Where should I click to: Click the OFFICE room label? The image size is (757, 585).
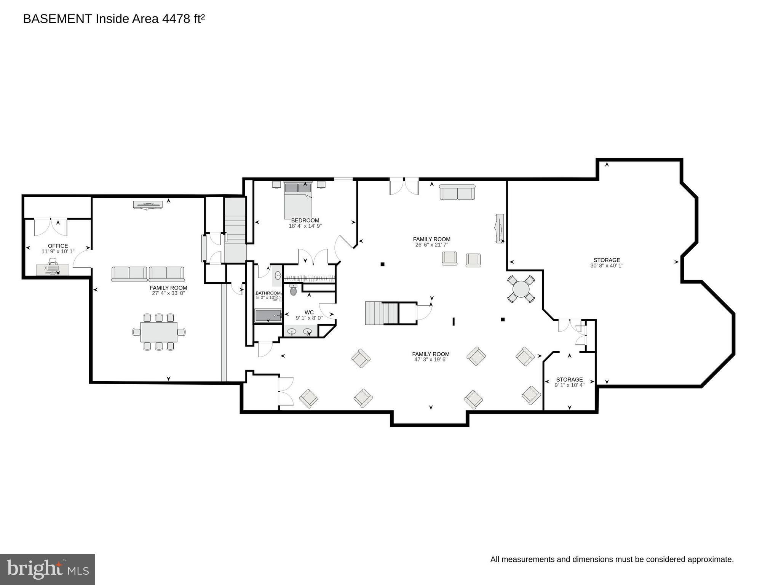point(58,246)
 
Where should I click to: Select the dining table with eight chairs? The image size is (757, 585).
point(159,332)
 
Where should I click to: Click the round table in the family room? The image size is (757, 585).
point(521,289)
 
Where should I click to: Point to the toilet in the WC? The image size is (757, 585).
point(293,291)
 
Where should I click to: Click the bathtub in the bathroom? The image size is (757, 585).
point(268,316)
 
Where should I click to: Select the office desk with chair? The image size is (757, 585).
point(53,269)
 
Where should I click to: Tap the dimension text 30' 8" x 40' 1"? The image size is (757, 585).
point(607,266)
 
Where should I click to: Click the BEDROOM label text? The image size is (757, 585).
point(305,221)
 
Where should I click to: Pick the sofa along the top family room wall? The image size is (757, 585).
point(457,193)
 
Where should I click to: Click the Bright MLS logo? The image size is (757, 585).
point(48,569)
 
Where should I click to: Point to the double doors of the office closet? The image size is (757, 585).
point(50,227)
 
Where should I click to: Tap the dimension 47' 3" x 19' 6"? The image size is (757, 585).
point(431,360)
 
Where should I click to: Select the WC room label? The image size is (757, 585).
point(309,312)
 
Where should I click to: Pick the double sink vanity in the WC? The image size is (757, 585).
point(299,332)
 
